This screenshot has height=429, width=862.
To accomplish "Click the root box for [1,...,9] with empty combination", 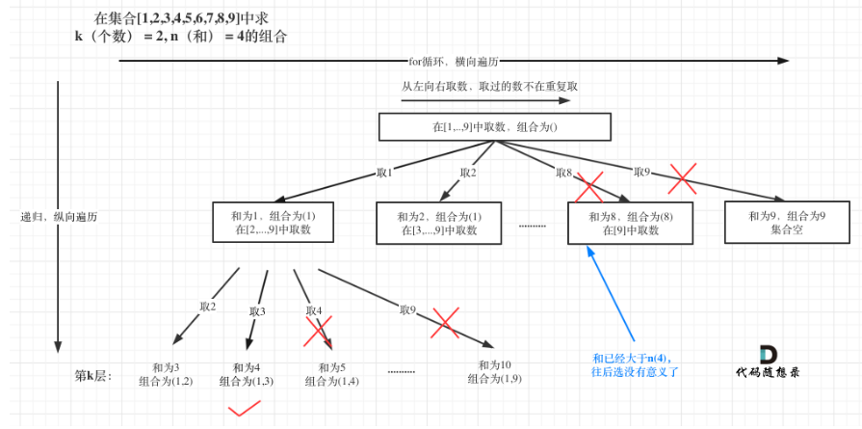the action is [x=495, y=127].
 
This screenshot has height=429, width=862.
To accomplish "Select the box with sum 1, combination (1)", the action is [x=274, y=222].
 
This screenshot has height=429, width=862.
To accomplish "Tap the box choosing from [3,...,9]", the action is [x=438, y=223].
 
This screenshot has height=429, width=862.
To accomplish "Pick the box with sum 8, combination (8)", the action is [x=629, y=223].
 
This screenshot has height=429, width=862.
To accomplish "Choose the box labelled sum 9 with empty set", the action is [x=787, y=222].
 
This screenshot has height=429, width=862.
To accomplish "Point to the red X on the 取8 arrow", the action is [x=589, y=188].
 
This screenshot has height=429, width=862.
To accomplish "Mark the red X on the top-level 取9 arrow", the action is [x=682, y=178].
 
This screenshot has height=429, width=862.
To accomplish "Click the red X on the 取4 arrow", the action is [x=318, y=331].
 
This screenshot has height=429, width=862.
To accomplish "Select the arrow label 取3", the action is [x=257, y=311].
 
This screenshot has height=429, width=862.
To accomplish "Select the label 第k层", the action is [x=93, y=376].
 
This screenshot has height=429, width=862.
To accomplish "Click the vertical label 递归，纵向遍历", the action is [x=57, y=217].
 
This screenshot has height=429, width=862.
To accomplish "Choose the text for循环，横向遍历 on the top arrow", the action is [x=454, y=61].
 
